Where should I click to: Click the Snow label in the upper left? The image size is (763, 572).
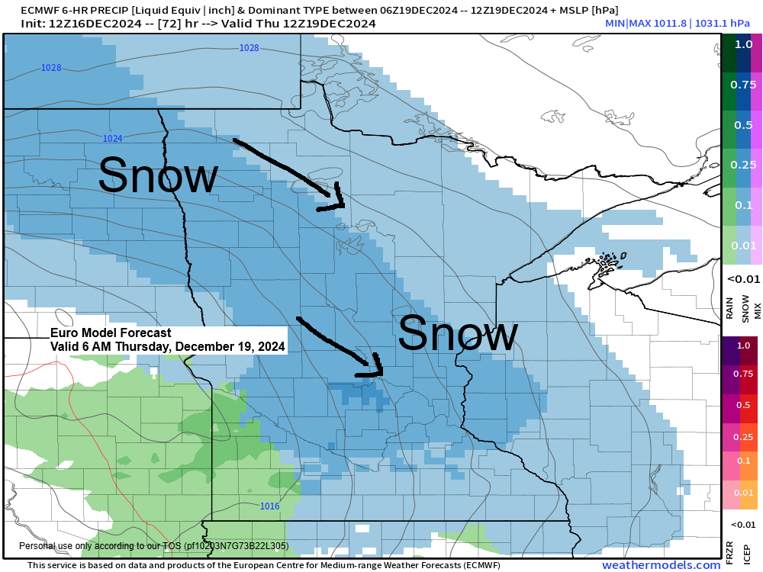pos(158,175)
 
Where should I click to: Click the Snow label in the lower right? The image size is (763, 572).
pos(458,335)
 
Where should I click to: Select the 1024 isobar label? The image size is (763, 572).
pos(112,139)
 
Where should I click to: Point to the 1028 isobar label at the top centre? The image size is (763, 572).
pos(249,48)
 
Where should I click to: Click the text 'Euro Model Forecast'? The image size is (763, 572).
pos(111,333)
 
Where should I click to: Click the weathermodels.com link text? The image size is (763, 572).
pos(661,565)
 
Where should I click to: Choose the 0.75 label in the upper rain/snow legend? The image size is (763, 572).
pos(743,84)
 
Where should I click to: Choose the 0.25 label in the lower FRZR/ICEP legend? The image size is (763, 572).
pos(743,436)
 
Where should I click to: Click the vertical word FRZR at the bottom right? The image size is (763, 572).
pos(729,551)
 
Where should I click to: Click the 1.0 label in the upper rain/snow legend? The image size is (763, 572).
pos(743,44)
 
